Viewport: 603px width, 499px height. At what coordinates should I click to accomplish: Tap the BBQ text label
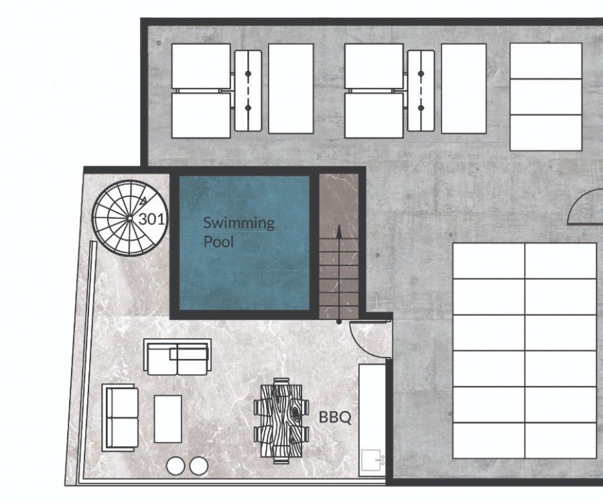[334, 417]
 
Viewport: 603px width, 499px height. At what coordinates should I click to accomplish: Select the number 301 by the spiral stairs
[153, 218]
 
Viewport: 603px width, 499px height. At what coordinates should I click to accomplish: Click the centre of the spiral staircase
[129, 217]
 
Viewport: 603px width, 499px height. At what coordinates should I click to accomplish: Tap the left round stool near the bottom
[176, 465]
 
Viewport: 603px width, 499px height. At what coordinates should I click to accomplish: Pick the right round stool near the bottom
[199, 465]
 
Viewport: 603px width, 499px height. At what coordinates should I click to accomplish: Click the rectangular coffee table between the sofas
[167, 418]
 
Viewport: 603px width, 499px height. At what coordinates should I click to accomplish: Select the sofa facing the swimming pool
[177, 357]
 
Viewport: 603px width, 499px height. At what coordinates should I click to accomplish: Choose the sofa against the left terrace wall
[121, 417]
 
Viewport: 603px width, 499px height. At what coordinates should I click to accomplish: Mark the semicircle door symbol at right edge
[586, 208]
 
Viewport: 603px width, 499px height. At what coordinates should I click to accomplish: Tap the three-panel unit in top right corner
[545, 96]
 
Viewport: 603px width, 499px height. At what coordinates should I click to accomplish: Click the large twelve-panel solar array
[525, 350]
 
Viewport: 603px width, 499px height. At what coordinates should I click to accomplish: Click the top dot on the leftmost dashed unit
[247, 72]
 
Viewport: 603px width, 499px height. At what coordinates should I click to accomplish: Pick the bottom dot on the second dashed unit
[421, 107]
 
